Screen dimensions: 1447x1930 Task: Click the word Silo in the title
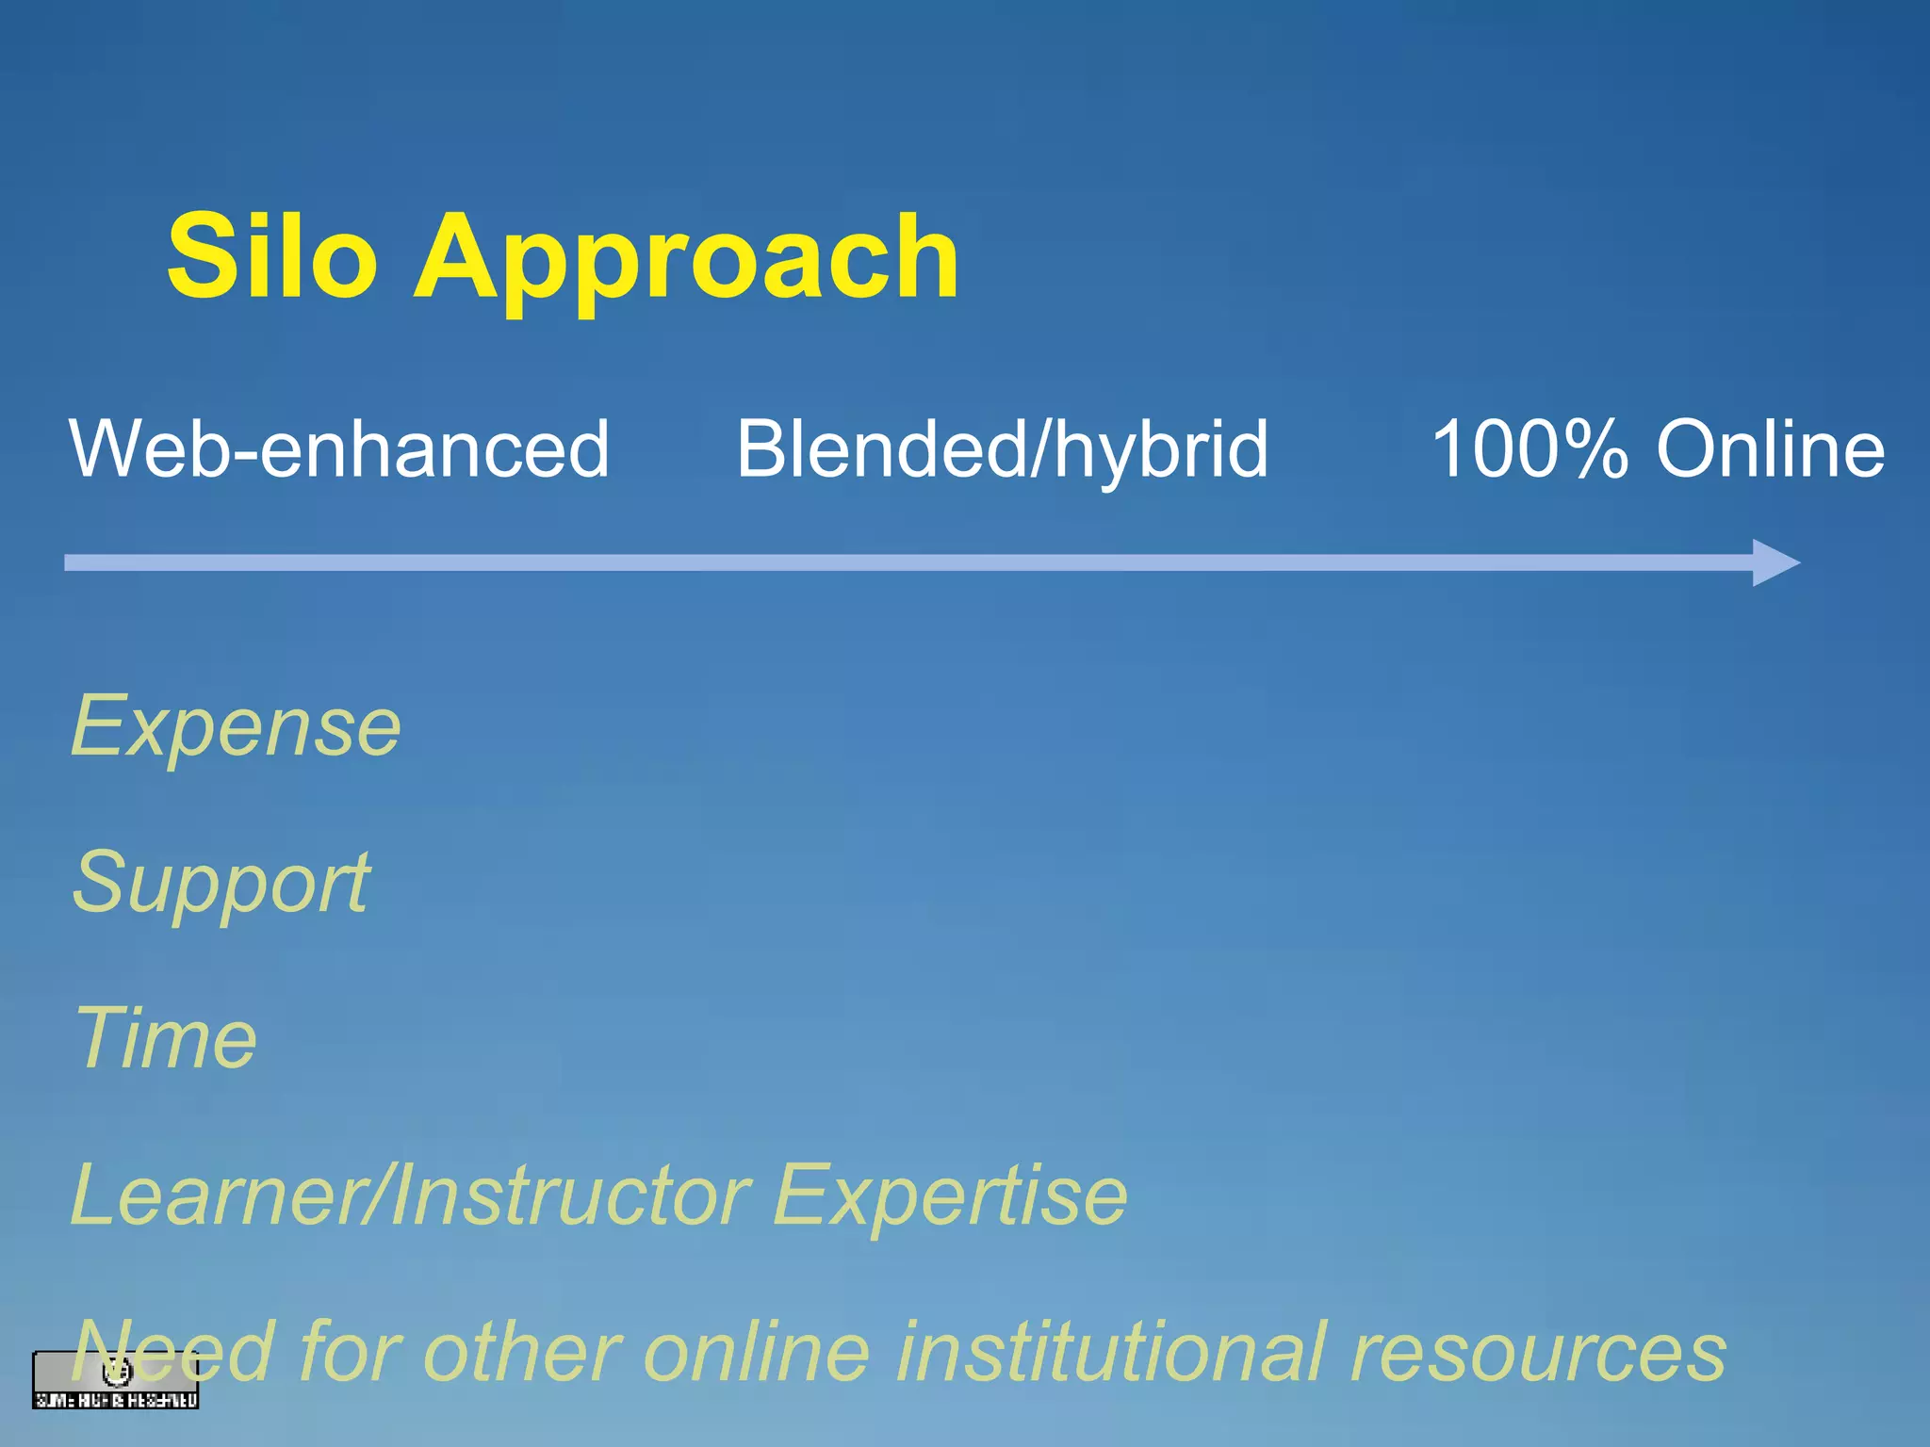(x=272, y=256)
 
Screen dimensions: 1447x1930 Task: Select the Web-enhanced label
(x=339, y=449)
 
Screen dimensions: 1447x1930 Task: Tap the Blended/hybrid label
(x=1002, y=451)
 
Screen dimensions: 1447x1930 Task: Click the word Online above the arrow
(x=1771, y=449)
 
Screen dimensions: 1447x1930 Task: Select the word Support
(x=222, y=884)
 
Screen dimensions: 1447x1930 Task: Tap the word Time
(x=165, y=1038)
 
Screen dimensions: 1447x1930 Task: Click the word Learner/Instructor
(x=410, y=1195)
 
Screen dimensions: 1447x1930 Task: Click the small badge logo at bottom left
(x=115, y=1381)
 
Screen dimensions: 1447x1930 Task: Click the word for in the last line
(x=349, y=1351)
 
